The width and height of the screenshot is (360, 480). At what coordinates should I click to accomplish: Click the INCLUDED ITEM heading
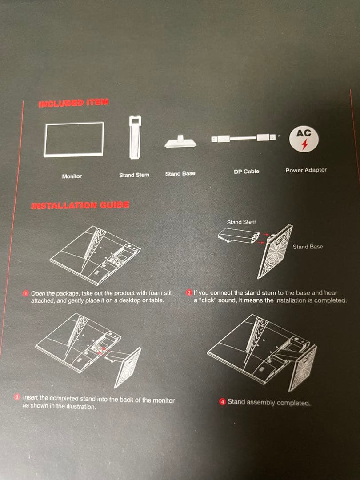(73, 103)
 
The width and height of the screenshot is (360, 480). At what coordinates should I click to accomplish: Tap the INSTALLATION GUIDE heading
(80, 205)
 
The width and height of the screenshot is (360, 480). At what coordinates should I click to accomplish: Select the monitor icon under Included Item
(74, 140)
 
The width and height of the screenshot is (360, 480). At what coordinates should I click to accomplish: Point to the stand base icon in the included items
(180, 142)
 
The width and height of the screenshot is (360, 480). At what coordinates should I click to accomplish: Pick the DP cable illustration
(244, 138)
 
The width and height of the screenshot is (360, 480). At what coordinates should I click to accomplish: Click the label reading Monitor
(72, 176)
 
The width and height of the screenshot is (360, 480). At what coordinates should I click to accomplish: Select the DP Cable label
(246, 172)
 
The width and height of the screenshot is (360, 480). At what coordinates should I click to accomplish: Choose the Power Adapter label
(306, 170)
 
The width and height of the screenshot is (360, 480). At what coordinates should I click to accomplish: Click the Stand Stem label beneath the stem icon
(134, 175)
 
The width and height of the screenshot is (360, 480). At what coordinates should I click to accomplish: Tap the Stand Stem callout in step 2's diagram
(241, 222)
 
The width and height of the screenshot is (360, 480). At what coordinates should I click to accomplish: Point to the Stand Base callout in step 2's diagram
(308, 247)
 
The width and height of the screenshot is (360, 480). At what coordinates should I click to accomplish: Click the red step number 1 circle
(26, 293)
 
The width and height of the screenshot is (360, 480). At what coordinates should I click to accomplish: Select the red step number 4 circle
(223, 401)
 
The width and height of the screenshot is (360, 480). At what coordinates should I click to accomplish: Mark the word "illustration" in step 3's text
(80, 407)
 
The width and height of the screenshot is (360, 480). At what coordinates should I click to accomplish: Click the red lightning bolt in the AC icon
(304, 144)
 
